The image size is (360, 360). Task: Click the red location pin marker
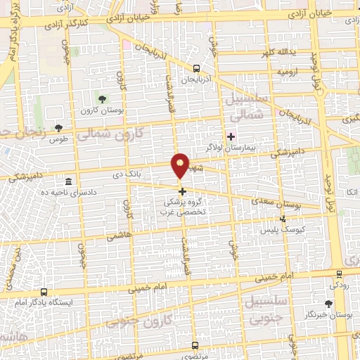[x=181, y=166]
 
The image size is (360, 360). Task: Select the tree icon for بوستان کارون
[x=103, y=98]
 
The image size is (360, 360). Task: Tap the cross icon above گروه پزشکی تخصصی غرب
[x=182, y=191]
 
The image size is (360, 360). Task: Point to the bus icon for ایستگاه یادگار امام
[x=44, y=292]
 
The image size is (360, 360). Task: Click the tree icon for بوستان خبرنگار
[x=328, y=304]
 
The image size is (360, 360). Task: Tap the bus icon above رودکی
[x=340, y=274]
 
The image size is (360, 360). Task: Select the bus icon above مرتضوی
[x=195, y=345]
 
